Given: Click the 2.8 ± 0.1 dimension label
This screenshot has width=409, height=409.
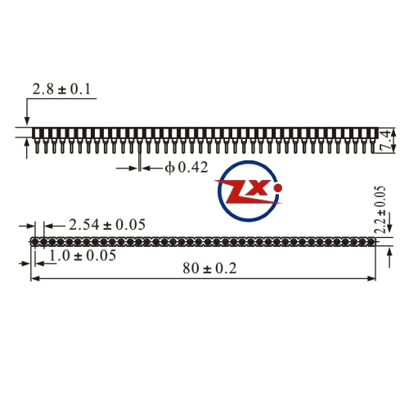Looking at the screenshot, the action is point(61,89).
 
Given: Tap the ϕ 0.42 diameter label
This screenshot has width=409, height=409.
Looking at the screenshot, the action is point(187,168).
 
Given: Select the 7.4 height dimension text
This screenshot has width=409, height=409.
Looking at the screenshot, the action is point(386,142).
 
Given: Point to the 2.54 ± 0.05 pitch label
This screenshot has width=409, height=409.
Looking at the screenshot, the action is point(107,225).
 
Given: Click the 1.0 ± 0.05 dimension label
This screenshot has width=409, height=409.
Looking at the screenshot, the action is point(83,256).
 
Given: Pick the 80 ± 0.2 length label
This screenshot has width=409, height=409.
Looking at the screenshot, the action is point(209,268).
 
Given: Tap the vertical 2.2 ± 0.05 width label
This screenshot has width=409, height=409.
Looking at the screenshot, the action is point(380,209).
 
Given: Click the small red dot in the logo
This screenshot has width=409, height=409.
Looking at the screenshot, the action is point(278,187).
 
